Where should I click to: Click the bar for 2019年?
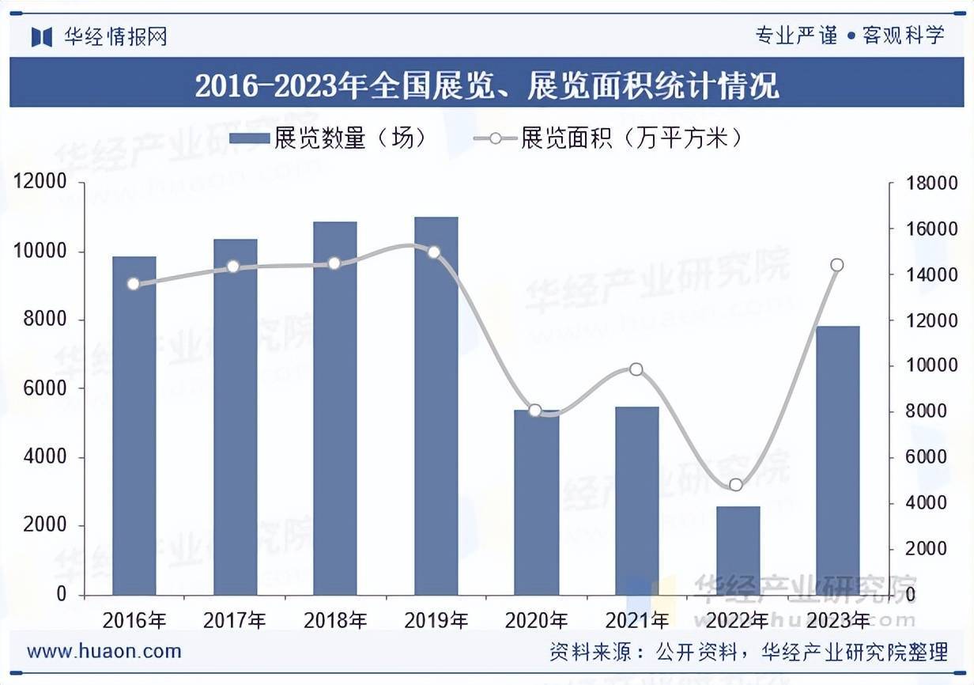tap(436, 406)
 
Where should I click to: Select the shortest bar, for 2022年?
tap(738, 551)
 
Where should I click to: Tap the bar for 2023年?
tap(837, 460)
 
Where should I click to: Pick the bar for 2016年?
tap(134, 426)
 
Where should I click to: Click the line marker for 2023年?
tap(837, 265)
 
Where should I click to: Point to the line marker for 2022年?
tap(736, 485)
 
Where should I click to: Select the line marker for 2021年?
tap(636, 369)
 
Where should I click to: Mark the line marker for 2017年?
tap(233, 267)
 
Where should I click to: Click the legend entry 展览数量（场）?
tap(329, 139)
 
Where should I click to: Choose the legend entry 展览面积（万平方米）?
tap(609, 139)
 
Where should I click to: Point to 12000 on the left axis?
tap(40, 184)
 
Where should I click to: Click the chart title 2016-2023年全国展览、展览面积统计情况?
tap(487, 85)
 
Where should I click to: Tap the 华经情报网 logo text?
tap(115, 36)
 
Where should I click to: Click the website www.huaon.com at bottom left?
tap(104, 652)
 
